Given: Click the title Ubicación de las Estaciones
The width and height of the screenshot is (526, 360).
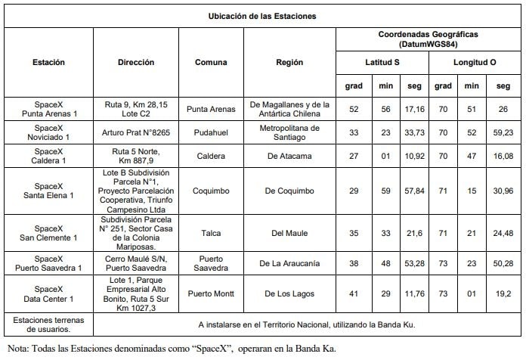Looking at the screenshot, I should coord(262,16).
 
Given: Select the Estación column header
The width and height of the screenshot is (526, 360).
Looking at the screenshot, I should coord(49,62).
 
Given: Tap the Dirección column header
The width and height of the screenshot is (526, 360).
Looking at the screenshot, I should coord(136,62).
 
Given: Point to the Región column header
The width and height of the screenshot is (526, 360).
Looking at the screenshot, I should coord(289,62).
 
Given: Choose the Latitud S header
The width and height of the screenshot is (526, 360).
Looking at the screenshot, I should coord(383,61).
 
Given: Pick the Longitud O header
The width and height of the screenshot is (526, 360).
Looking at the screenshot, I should coord(474,61).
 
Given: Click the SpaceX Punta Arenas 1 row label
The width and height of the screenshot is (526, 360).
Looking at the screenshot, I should coord(48,110).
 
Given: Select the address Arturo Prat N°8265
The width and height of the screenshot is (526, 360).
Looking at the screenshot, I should coord(136,133).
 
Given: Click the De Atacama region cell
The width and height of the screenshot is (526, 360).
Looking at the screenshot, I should coord(289,157).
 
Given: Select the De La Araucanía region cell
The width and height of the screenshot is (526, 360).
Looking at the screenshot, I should coord(289,262).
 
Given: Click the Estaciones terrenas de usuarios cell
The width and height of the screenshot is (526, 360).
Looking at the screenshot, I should coord(48,324).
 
